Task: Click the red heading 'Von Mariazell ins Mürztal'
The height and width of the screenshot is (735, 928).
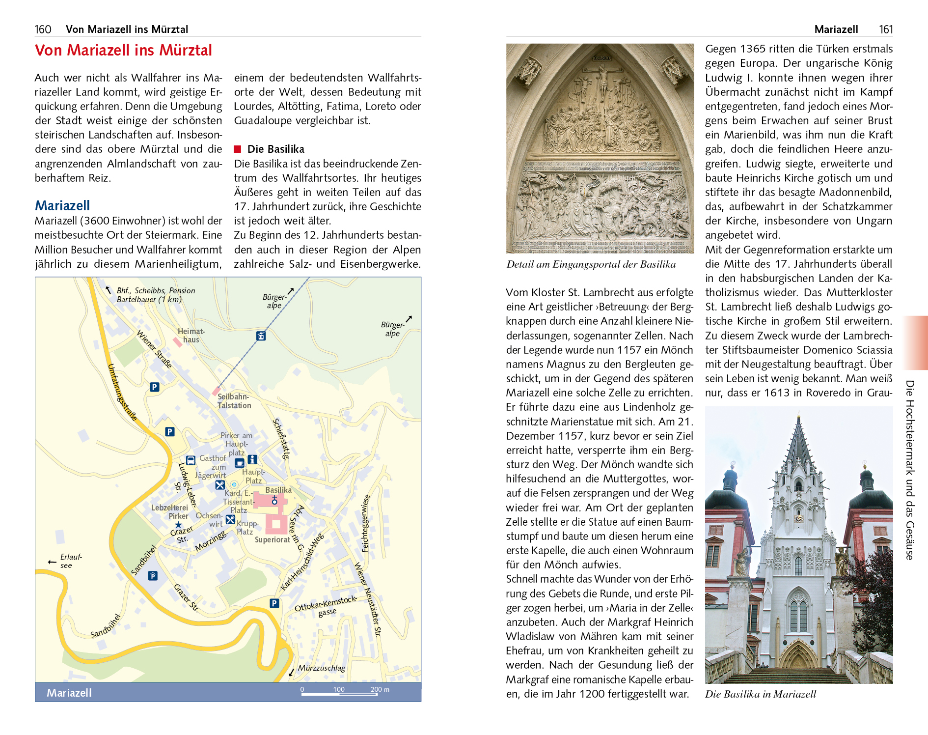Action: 123,50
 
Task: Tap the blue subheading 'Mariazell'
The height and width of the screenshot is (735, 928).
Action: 62,205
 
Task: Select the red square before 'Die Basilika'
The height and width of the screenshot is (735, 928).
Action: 238,149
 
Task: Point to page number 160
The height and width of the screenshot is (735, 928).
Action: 43,29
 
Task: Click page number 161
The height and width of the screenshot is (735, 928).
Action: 886,29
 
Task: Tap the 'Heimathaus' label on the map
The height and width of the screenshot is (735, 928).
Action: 191,335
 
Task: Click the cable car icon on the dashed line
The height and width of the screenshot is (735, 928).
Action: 261,336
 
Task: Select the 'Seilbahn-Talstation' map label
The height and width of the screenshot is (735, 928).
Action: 234,401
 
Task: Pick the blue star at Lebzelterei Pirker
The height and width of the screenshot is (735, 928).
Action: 178,525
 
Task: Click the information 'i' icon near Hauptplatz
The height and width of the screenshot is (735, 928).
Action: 252,459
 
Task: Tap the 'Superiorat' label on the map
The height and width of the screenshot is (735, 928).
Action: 273,539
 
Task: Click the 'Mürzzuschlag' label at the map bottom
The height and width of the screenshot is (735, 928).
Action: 322,668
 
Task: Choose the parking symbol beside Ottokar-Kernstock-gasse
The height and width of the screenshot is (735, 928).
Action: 274,603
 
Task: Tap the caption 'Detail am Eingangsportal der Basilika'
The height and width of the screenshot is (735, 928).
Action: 591,264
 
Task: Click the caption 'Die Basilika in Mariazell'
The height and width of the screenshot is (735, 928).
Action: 761,694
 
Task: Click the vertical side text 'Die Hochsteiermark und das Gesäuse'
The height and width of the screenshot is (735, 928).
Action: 910,469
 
